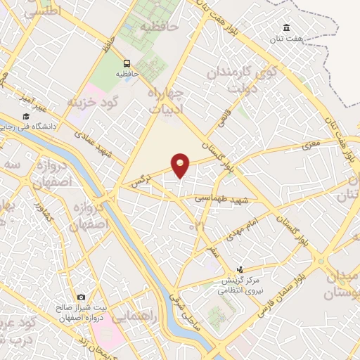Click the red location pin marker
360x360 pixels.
pyautogui.click(x=181, y=165)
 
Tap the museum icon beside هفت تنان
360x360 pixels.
pyautogui.click(x=288, y=28)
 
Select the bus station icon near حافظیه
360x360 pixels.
pyautogui.click(x=128, y=62)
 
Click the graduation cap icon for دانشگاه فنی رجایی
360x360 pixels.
pyautogui.click(x=26, y=116)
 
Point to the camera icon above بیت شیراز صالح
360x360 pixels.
pyautogui.click(x=81, y=297)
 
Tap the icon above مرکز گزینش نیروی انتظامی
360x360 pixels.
pyautogui.click(x=240, y=269)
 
